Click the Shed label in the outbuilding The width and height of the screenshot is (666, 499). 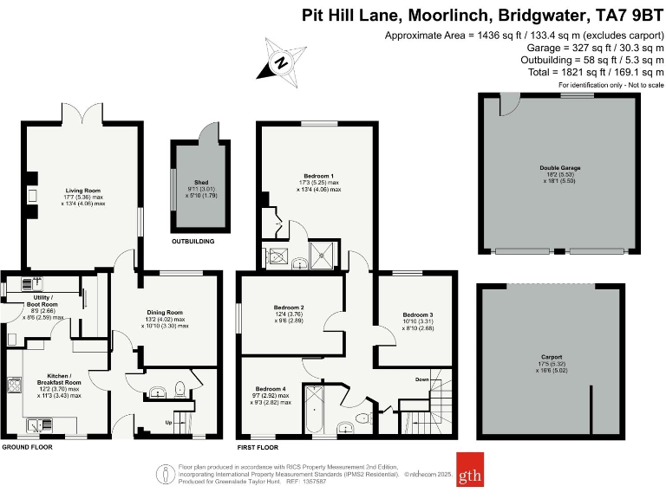200,183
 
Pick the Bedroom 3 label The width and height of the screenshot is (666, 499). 417,314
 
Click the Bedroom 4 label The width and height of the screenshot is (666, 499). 271,389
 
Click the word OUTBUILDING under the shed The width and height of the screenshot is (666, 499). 193,241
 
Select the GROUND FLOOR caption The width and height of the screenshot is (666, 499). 27,448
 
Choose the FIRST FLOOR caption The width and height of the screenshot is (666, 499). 258,448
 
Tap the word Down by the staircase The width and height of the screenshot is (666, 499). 421,379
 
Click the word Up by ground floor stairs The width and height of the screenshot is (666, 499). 168,423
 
